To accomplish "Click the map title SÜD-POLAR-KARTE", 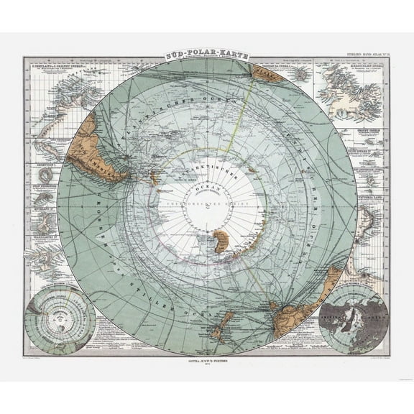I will coord(207,53).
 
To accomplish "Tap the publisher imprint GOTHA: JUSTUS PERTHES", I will coord(207,360).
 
